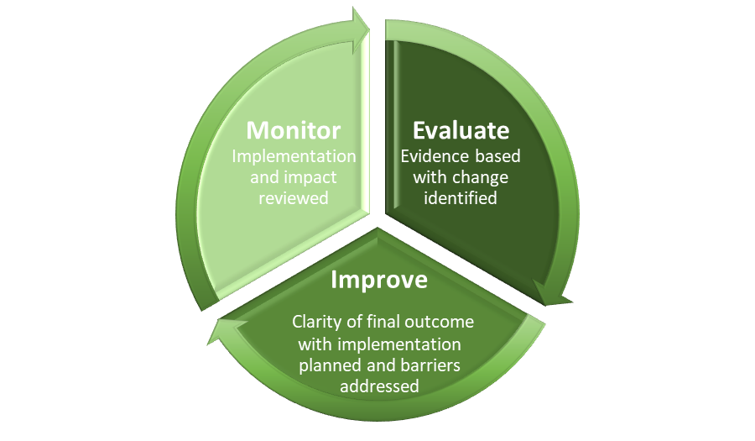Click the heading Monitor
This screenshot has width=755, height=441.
(x=294, y=130)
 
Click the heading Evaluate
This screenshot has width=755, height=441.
(x=461, y=130)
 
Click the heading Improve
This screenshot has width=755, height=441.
(x=379, y=280)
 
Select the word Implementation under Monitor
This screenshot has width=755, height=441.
(x=294, y=156)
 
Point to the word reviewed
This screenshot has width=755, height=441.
(x=294, y=198)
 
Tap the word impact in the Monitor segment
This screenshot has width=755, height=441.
(x=310, y=178)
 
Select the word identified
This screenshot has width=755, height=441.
(x=461, y=198)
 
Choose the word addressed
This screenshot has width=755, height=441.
(x=379, y=386)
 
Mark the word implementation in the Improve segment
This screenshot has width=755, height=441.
(x=399, y=344)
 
